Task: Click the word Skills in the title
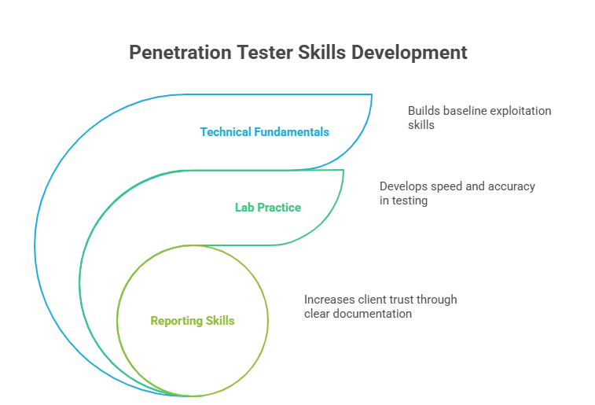pos(322,53)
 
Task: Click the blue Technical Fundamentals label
pos(264,132)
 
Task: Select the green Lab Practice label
pos(267,208)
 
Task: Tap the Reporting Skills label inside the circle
pos(192,321)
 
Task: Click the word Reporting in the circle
pos(174,321)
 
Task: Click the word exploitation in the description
pos(521,111)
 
